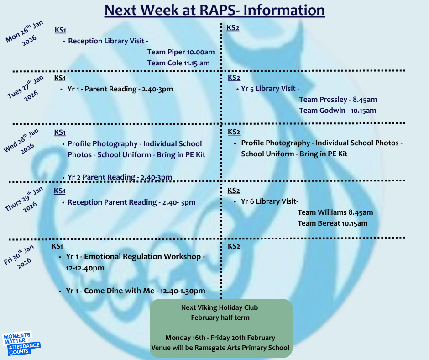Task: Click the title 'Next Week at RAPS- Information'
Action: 214,11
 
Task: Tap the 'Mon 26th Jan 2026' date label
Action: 25,33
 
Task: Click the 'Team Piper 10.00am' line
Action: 181,52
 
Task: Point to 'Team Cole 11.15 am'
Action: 178,63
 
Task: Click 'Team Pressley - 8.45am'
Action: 338,100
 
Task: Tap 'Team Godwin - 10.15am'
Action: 337,111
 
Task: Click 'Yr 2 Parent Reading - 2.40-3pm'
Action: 120,177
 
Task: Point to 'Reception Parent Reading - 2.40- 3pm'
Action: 131,202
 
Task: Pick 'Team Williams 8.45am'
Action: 335,212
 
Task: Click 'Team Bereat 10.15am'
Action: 333,223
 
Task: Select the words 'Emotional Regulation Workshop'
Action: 142,256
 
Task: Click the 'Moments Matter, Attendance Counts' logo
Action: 21,344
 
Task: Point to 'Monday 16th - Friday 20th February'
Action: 220,338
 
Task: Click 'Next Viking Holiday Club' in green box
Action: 220,307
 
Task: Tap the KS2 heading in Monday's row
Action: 233,28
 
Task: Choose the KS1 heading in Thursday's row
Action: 60,191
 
